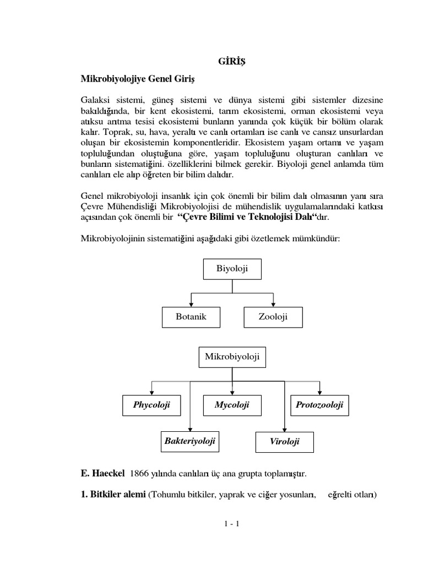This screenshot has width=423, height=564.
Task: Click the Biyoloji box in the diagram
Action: tap(232, 269)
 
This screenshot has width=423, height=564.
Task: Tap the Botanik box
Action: tap(191, 317)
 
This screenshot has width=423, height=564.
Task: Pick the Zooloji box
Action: tap(273, 317)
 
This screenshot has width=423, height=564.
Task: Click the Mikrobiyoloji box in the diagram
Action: tap(232, 357)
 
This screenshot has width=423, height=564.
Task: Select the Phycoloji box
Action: tap(151, 405)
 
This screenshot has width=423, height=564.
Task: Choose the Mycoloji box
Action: tap(232, 405)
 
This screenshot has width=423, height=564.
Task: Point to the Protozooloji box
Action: tap(319, 405)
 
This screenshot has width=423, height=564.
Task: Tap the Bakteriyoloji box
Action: tap(189, 441)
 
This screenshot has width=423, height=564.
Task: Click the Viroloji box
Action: tap(284, 442)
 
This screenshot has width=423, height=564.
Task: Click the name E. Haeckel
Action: tap(104, 473)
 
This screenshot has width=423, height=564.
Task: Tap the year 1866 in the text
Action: tap(141, 473)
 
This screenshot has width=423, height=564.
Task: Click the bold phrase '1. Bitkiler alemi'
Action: tap(113, 494)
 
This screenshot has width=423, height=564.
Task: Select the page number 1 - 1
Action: tap(231, 524)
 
